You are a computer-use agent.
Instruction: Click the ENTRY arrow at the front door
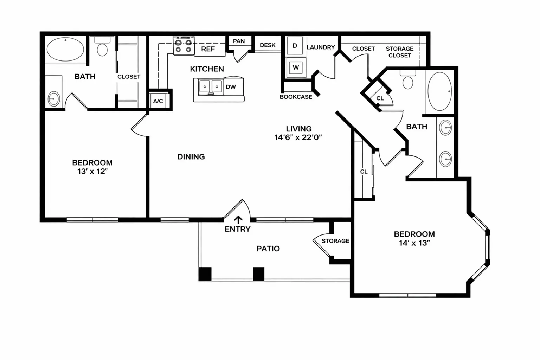coord(238,220)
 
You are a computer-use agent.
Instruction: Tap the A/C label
coord(158,101)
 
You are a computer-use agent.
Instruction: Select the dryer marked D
coord(295,46)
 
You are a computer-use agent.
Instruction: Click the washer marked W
coord(296,67)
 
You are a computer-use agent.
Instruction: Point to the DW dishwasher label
coord(231,87)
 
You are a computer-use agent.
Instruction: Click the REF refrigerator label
coord(208,49)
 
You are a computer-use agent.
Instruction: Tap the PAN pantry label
coord(239,41)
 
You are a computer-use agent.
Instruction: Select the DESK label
coord(268,45)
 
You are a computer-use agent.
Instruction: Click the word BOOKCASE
coord(296,97)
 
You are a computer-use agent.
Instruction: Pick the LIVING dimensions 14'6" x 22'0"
coord(298,137)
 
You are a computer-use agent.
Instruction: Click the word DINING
coord(191,157)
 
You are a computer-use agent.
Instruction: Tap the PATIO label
coord(268,249)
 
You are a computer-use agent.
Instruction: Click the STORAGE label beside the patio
coord(335,241)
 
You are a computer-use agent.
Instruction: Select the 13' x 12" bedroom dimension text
coord(92,172)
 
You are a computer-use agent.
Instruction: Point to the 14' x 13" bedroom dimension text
coord(414,243)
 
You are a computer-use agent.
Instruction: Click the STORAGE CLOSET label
coord(400,52)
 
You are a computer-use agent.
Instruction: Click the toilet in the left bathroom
coord(102,47)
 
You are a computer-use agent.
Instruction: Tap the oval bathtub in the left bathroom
coord(65,49)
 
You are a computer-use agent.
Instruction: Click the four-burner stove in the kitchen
coord(184,46)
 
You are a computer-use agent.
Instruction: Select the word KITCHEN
coord(207,69)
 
